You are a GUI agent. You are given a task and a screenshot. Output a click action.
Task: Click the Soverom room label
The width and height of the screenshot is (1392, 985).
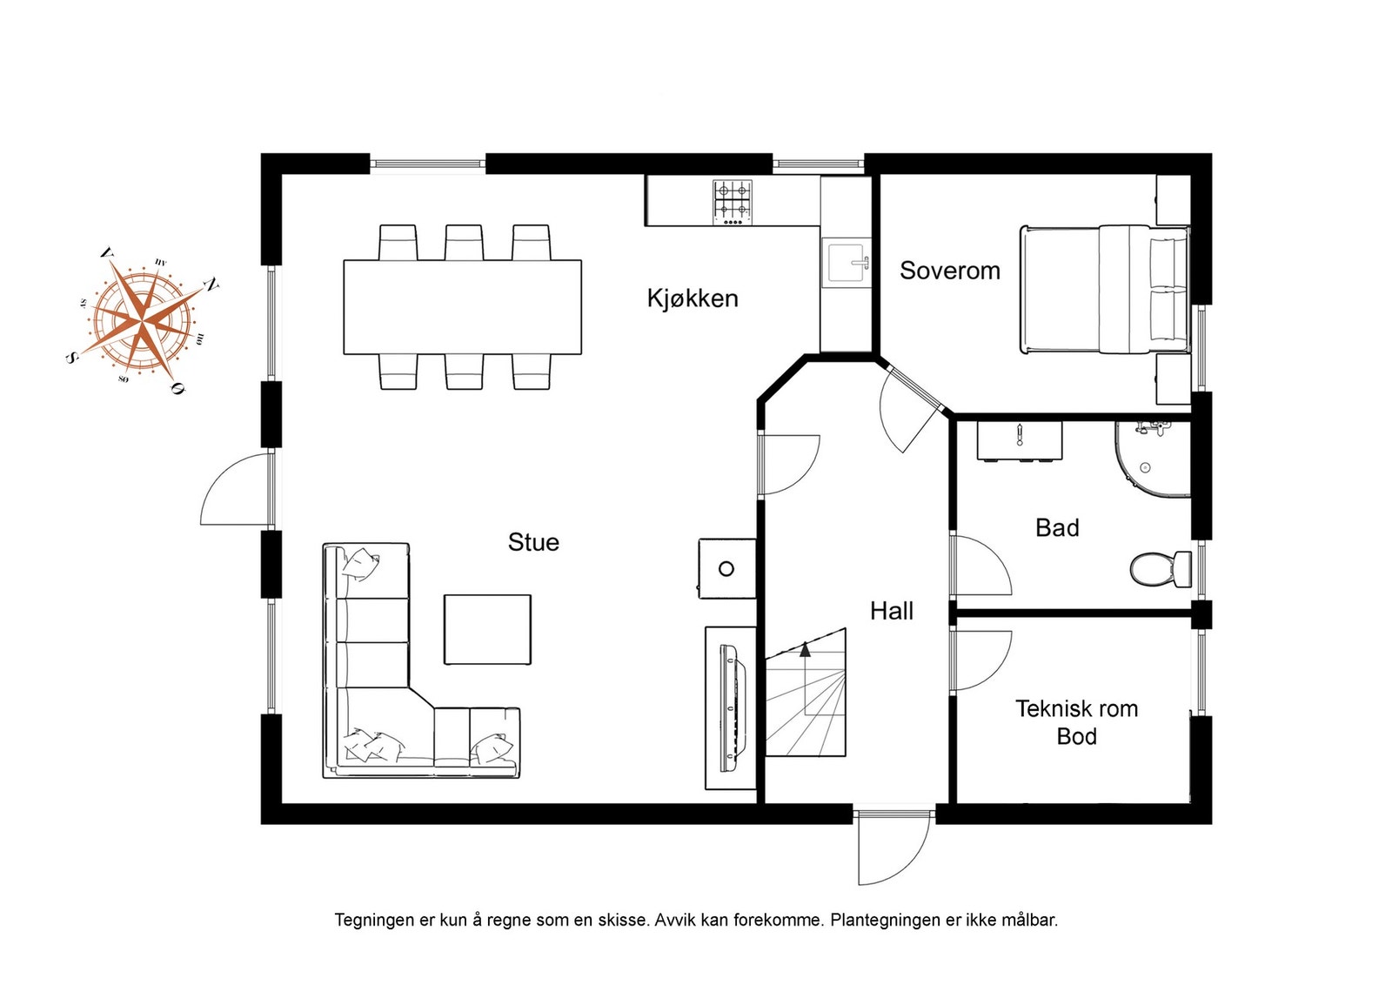pos(949,271)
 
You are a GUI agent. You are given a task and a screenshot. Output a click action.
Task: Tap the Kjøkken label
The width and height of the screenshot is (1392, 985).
pos(693,298)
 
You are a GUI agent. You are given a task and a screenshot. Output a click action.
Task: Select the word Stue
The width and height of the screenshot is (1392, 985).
pos(533,542)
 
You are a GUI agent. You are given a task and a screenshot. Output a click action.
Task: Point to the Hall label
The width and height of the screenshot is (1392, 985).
pos(891,611)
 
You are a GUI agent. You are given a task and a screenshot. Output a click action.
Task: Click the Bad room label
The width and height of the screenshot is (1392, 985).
pos(1056,527)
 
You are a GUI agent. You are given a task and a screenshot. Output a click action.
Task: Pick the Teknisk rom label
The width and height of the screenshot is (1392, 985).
pos(1076,708)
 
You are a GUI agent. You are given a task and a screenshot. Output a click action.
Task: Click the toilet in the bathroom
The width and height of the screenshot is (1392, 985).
pos(1161,568)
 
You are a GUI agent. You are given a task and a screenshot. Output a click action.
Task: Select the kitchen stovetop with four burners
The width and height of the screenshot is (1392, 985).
pos(732,203)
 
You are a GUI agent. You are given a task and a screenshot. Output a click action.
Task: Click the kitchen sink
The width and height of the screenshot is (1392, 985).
pos(846,262)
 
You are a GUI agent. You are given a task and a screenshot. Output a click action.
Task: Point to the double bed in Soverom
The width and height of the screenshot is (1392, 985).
pos(1104,290)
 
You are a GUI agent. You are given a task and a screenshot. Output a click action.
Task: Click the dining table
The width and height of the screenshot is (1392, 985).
pos(462,307)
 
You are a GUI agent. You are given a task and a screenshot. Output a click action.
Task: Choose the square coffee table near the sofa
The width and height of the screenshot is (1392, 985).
pos(487,629)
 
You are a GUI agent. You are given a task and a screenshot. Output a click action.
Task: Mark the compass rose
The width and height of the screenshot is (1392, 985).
pos(143,322)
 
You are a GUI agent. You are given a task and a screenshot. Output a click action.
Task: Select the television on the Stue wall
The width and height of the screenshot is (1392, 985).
pos(732,707)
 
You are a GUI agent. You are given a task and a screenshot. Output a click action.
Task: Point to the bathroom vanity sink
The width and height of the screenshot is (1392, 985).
pos(1019,441)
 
